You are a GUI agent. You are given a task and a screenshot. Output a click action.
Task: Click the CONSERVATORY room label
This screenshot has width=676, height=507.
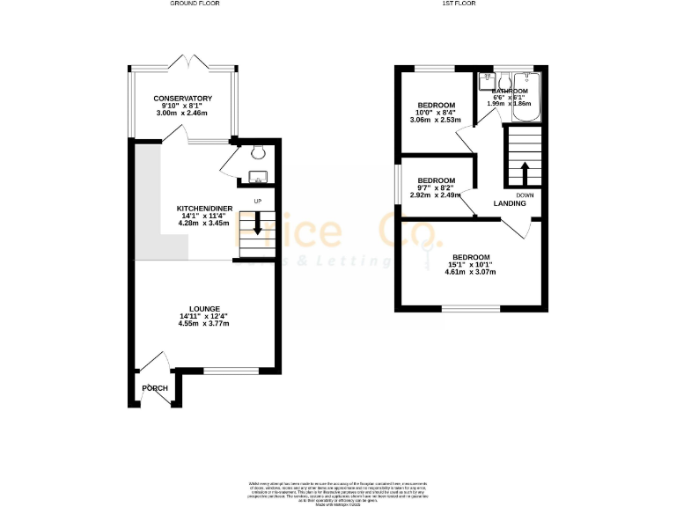183,98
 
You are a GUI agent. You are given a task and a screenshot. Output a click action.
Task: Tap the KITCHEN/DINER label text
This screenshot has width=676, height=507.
204,209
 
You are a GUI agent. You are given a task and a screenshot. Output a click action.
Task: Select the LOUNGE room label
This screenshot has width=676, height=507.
204,308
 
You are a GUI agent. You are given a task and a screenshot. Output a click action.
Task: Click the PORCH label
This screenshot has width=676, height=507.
155,388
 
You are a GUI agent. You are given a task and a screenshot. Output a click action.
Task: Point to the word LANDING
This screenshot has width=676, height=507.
510,203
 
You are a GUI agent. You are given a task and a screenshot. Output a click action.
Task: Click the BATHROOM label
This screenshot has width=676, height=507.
510,91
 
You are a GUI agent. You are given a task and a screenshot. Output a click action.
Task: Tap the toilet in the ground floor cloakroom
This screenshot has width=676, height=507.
256,150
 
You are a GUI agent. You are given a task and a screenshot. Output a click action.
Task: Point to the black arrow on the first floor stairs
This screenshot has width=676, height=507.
525,171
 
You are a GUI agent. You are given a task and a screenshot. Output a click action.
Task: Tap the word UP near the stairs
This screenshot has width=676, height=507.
258,202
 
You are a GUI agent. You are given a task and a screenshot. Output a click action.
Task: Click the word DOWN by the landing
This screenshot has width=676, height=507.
525,195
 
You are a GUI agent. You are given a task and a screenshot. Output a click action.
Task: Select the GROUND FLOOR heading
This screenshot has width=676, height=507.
195,4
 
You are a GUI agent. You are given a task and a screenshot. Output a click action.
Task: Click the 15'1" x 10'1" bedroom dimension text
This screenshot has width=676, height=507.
470,264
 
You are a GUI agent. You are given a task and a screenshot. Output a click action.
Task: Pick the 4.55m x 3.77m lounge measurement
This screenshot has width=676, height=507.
204,324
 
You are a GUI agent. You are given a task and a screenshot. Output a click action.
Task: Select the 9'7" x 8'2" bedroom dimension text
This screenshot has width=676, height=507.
435,187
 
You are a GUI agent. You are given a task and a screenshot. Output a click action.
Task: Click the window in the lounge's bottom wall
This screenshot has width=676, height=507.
231,371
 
